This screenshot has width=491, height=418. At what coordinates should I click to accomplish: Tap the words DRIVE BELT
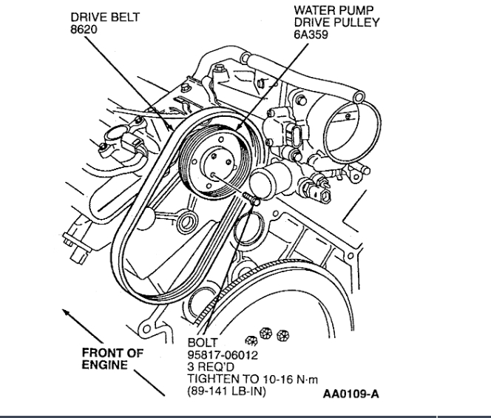coord(104,16)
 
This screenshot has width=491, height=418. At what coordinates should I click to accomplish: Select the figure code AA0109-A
coord(351,394)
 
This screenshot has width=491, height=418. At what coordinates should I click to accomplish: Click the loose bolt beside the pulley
coord(249,196)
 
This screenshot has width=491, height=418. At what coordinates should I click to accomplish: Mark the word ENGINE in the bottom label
coord(104,365)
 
